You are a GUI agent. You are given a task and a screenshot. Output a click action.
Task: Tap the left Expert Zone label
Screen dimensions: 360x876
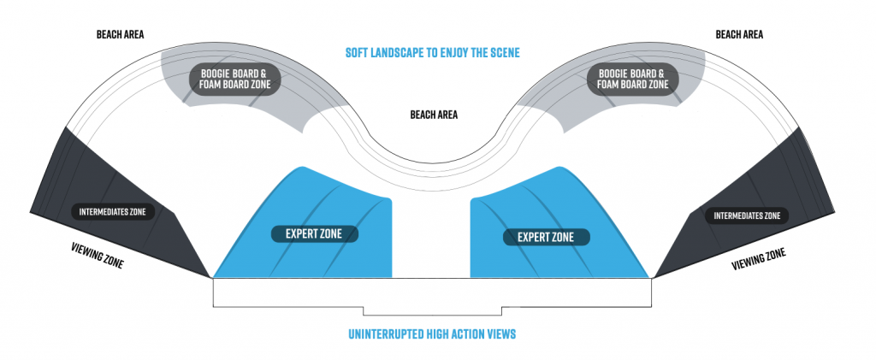(x=314, y=233)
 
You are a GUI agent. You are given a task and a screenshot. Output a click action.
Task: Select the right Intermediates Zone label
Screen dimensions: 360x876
(x=747, y=215)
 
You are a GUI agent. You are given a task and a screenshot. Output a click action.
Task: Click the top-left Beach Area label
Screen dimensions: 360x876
(x=120, y=35)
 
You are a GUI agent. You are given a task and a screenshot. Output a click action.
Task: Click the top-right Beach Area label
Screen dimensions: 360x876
(x=739, y=35)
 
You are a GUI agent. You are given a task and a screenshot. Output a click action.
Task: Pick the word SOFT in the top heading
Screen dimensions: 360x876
(x=358, y=53)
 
